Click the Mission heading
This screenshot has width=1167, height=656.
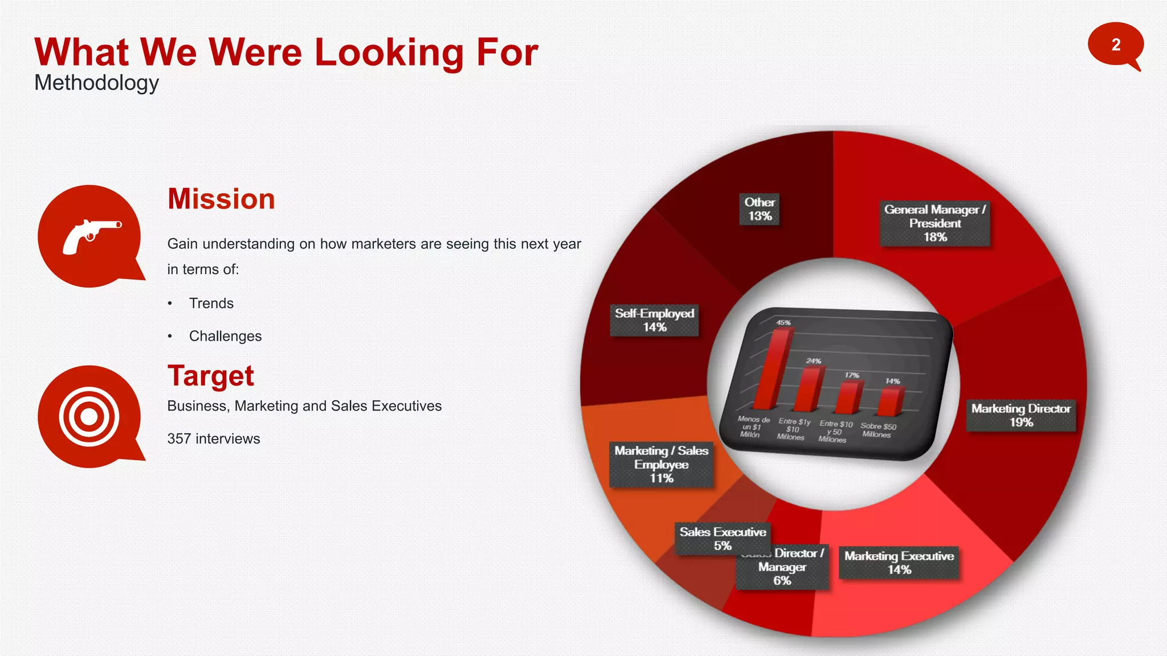click(221, 199)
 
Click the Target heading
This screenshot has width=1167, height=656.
click(210, 376)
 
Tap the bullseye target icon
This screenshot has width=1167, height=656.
click(89, 416)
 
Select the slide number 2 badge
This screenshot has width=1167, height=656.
click(1115, 45)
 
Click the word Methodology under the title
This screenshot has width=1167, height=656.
click(96, 83)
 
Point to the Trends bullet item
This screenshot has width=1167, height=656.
click(211, 304)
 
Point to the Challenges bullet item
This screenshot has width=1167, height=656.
click(225, 337)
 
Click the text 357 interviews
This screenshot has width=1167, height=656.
click(213, 439)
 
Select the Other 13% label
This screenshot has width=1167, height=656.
click(760, 209)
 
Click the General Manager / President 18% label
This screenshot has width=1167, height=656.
click(935, 223)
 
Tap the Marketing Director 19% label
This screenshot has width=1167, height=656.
click(1021, 415)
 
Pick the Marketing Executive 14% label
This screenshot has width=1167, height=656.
click(899, 563)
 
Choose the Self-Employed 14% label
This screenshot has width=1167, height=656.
click(654, 320)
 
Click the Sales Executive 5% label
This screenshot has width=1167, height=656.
click(723, 538)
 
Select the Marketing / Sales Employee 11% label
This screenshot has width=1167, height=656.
click(661, 464)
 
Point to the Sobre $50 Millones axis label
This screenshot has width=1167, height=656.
click(878, 430)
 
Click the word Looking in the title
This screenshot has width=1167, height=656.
click(390, 52)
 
